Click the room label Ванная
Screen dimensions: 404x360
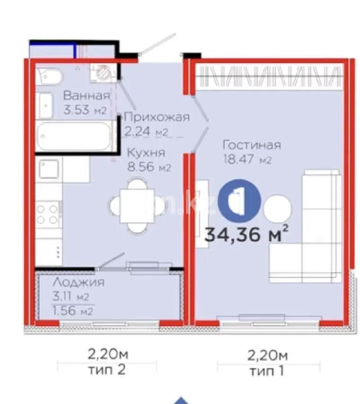coord(86,96)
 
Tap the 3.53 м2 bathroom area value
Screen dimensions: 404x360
coord(85,110)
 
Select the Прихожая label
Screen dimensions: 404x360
coord(157,118)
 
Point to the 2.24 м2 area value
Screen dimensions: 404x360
coord(145,132)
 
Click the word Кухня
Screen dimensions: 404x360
coord(145,152)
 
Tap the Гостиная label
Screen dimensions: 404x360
coord(252,145)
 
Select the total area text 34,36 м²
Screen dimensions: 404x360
coord(246,234)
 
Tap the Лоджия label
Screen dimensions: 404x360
coord(79,282)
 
